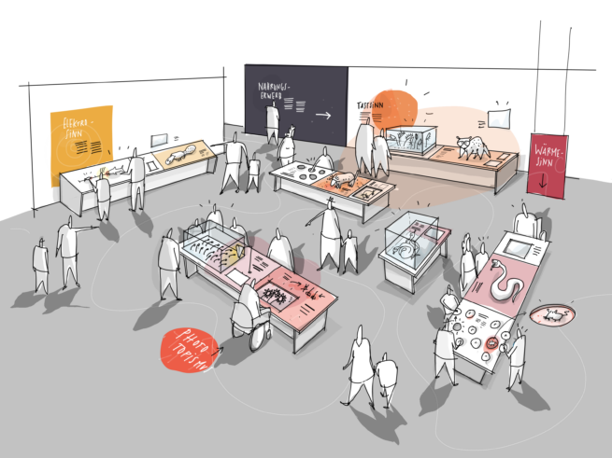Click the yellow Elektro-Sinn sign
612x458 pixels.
pyautogui.click(x=81, y=145)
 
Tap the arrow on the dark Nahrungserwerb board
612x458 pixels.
pyautogui.click(x=323, y=116)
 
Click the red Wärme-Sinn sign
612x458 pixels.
pyautogui.click(x=547, y=166)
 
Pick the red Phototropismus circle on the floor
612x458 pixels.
pyautogui.click(x=190, y=350)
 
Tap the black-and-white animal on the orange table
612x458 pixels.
pyautogui.click(x=472, y=146)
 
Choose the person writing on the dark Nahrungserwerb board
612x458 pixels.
pyautogui.click(x=273, y=121)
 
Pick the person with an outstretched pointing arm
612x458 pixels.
pyautogui.click(x=69, y=247)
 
